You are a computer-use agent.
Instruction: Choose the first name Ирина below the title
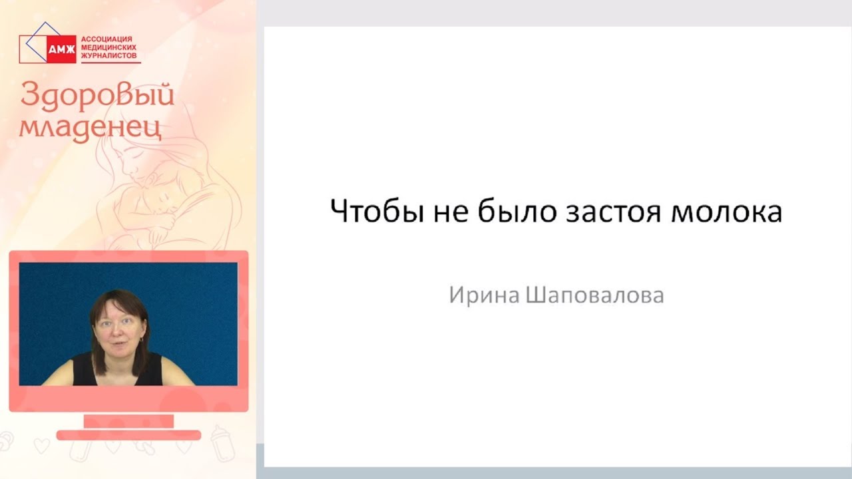(x=485, y=295)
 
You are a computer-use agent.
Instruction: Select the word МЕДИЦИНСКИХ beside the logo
(x=110, y=49)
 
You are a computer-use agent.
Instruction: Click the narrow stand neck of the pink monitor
(x=128, y=420)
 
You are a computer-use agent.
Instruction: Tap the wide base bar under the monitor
(x=128, y=435)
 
